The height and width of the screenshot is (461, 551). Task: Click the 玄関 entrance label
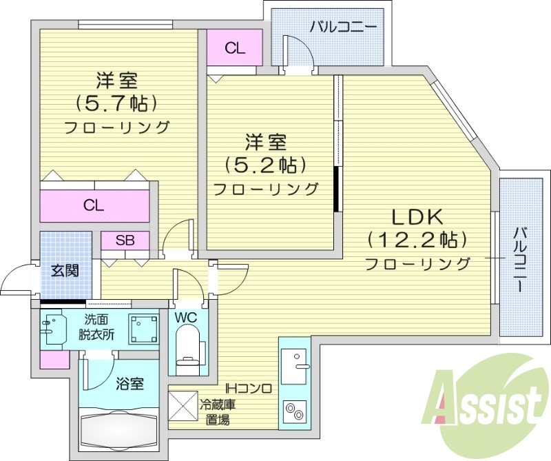[64, 269]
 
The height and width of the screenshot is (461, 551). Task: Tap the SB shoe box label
[125, 240]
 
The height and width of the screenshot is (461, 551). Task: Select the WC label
[186, 318]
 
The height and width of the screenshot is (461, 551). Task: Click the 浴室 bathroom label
[129, 384]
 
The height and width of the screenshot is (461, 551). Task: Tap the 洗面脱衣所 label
[100, 327]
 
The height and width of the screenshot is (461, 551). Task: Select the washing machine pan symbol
[144, 328]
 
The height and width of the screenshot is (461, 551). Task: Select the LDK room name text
[417, 216]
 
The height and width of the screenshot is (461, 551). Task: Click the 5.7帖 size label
[116, 103]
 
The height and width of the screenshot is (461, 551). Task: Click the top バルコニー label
[342, 28]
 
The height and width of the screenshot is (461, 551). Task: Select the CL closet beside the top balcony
[235, 48]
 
